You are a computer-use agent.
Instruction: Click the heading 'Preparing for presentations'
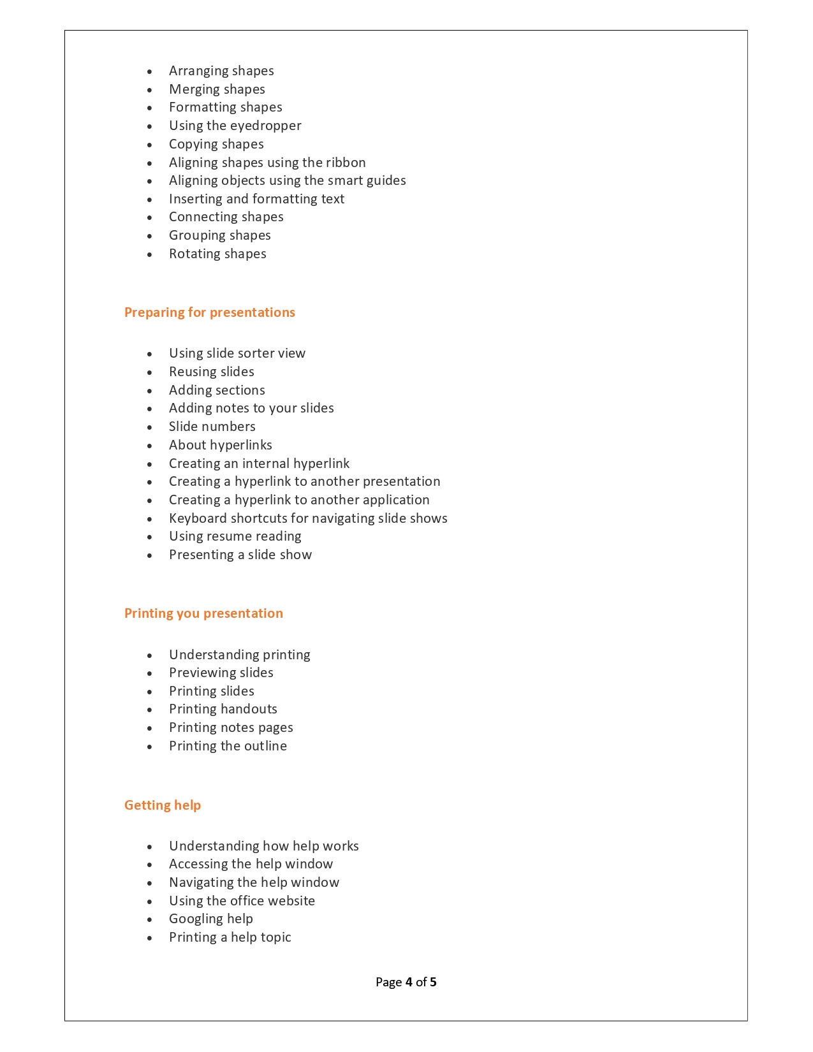209,312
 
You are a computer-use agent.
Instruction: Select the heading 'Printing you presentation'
203,613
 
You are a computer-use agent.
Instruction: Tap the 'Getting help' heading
162,805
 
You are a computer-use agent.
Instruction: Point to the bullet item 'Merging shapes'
217,89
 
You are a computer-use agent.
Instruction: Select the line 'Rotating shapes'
217,254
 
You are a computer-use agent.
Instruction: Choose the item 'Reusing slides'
211,372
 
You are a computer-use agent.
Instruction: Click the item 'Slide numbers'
212,427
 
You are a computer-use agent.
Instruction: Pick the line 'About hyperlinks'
220,445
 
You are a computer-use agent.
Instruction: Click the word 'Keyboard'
198,518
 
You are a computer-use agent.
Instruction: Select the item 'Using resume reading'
235,536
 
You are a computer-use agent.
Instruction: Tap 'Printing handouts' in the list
223,709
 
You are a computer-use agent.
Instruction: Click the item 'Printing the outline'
228,746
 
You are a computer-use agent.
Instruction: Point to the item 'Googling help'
210,919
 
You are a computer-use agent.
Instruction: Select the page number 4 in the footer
408,982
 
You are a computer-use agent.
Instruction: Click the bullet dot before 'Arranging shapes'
150,72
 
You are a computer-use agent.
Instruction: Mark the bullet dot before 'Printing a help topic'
150,939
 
